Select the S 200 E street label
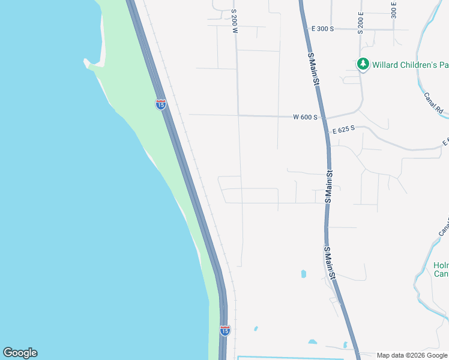[361, 22]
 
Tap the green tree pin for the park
[363, 63]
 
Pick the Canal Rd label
[432, 103]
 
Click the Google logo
[20, 353]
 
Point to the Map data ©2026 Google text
[412, 355]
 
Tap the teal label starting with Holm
[441, 269]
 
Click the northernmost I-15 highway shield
[160, 104]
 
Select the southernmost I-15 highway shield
[224, 330]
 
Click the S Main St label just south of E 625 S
[329, 186]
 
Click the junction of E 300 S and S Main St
[306, 28]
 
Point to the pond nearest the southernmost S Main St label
[303, 274]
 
